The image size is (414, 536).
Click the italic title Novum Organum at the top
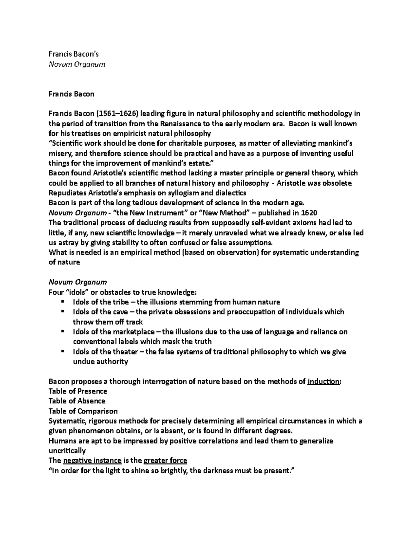77,64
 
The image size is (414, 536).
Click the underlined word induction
323,382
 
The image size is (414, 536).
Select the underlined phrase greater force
165,461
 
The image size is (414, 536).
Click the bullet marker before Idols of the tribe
62,302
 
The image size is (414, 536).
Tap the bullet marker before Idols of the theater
62,351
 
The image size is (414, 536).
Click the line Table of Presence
78,391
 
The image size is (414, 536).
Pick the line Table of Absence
77,401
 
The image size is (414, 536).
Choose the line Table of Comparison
83,411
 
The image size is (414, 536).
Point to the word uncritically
67,451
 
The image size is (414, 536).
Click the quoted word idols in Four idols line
77,292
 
